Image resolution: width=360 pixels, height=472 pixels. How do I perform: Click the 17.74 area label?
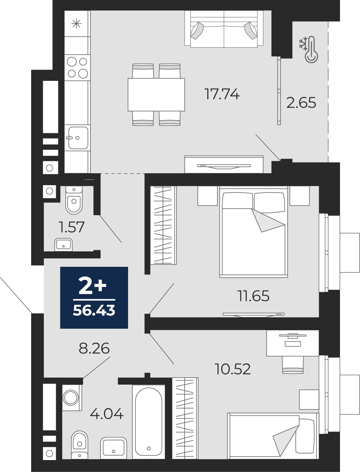point(222,94)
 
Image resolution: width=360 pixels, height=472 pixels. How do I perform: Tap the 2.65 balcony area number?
point(301,102)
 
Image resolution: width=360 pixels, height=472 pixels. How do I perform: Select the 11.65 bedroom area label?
point(253,296)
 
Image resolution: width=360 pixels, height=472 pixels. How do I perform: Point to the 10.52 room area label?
point(233,369)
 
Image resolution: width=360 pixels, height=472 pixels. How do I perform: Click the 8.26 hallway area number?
point(94,348)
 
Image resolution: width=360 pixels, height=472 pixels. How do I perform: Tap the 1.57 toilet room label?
point(72,227)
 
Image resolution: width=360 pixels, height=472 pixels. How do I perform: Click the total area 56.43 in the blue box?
point(94,311)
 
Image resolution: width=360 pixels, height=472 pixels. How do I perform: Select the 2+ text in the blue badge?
point(92,286)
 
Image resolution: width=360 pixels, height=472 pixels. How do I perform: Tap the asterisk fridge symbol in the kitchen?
point(77,23)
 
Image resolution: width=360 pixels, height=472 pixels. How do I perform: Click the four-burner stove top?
point(77,67)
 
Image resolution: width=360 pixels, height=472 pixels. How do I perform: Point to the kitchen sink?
point(78,138)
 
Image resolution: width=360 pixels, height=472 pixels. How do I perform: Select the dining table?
point(156,95)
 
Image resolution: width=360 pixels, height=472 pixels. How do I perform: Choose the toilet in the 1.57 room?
point(74,200)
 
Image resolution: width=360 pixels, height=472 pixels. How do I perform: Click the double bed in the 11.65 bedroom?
point(253,232)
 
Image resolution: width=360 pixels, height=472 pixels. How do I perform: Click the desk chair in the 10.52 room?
point(293,365)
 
